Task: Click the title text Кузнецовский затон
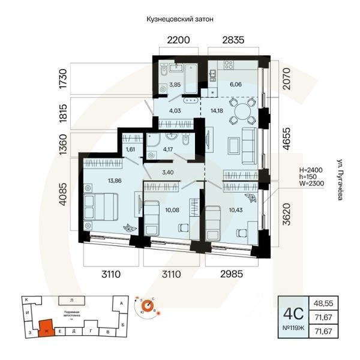pos(180,19)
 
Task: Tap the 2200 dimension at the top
pos(178,41)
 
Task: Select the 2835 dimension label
pos(233,41)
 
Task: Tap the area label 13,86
pos(101,179)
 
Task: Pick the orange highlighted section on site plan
pos(46,328)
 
